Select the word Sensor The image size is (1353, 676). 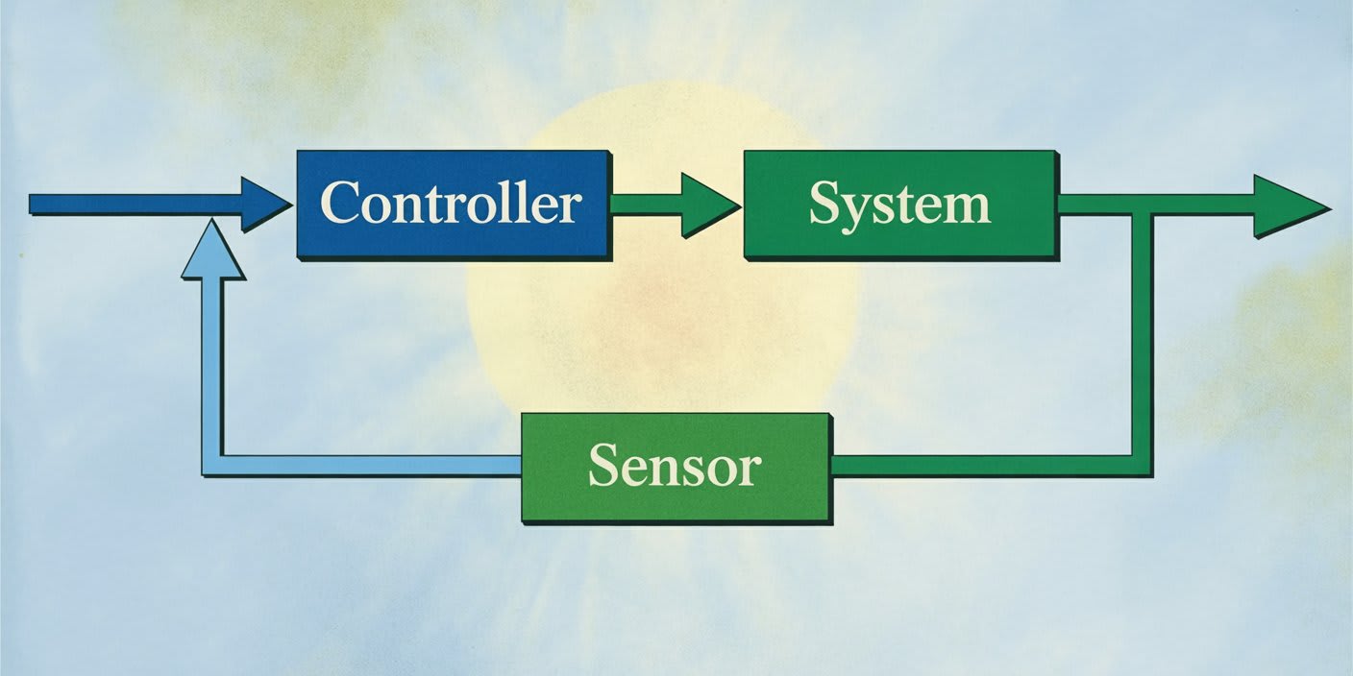click(675, 467)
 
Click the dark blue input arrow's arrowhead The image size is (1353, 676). click(263, 204)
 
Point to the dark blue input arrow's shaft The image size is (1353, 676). click(135, 204)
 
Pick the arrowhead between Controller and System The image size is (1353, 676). click(706, 204)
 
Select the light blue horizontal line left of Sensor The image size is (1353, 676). click(365, 466)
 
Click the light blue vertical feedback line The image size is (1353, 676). click(212, 365)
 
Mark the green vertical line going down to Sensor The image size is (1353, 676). click(1142, 336)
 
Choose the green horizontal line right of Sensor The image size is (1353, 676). click(980, 466)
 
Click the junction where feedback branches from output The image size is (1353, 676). click(1142, 204)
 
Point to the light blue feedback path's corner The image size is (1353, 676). click(212, 466)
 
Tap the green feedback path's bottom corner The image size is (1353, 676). click(1142, 466)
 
